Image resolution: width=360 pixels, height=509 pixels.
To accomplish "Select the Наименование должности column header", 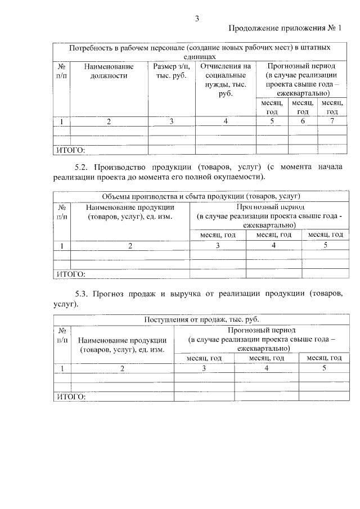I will pos(109,71).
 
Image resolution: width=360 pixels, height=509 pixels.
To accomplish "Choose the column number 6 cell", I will pos(302,121).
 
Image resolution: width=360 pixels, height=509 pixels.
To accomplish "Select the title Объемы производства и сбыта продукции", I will pos(201,196).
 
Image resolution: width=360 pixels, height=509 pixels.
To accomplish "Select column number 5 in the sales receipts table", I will pos(324,368).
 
